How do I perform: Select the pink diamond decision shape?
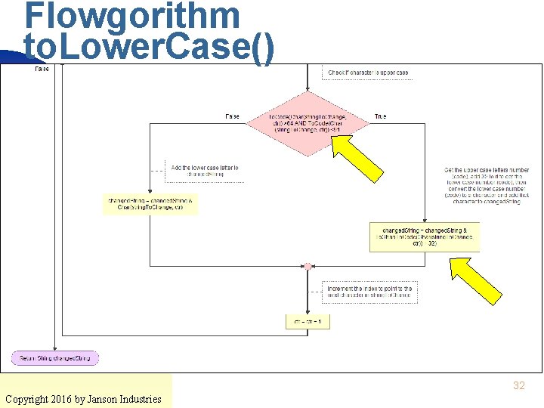(x=308, y=125)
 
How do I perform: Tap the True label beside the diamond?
(x=381, y=116)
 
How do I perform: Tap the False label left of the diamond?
(x=233, y=116)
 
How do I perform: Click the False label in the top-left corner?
(x=42, y=69)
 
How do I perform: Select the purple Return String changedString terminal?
(x=55, y=357)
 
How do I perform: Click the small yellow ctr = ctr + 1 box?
(x=308, y=322)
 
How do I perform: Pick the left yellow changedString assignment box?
(x=150, y=204)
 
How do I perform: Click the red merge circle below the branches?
(x=308, y=266)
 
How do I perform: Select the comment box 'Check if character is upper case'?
(x=368, y=73)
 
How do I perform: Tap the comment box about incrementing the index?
(x=369, y=292)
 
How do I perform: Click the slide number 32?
(x=518, y=385)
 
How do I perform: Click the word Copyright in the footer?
(x=29, y=399)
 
